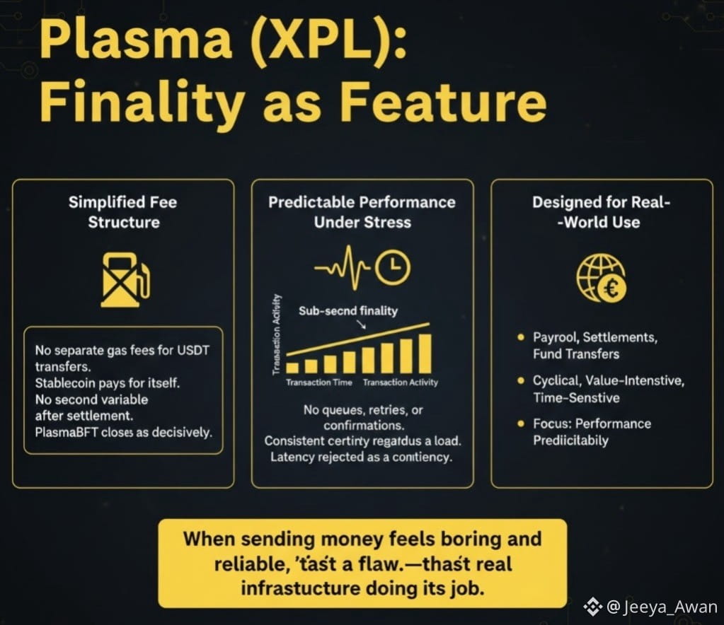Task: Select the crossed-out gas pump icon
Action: click(125, 279)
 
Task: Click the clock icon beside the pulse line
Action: click(393, 267)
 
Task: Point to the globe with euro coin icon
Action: click(602, 277)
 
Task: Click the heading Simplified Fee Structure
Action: click(123, 212)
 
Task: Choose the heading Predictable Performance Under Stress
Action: click(362, 212)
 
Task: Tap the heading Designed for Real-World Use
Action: click(601, 212)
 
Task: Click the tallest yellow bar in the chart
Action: click(424, 352)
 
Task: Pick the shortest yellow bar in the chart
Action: click(292, 366)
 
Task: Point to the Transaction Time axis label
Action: click(318, 382)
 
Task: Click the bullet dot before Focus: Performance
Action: click(520, 424)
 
